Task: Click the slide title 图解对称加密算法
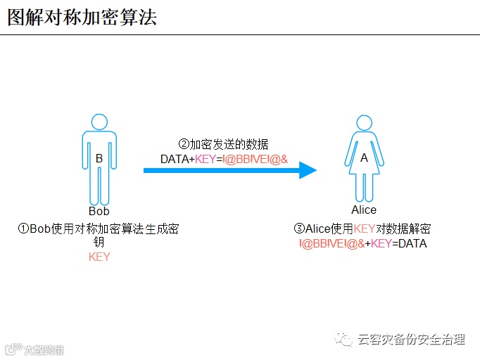coord(82,17)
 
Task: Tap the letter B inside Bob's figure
coord(99,159)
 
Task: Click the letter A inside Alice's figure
coord(364,158)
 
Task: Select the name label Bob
coord(99,211)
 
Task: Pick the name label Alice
coord(364,210)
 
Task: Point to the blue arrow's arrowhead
coord(308,170)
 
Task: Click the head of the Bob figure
coord(99,120)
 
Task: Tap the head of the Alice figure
coord(364,120)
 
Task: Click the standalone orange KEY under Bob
coord(99,257)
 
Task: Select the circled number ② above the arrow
coord(184,145)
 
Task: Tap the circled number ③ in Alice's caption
coord(299,229)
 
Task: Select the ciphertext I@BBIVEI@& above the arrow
coord(255,160)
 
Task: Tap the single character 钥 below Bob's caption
coord(99,243)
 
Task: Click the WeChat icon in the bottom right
coord(345,340)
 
